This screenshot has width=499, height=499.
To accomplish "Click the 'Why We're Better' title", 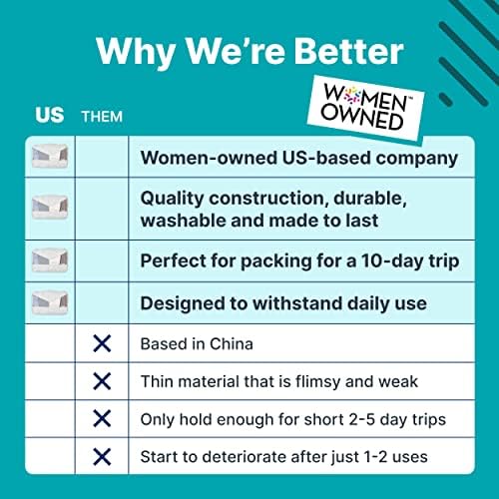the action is tap(249, 52).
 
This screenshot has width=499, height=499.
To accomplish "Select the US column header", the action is tap(49, 116).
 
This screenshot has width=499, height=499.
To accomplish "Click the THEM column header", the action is tap(102, 117).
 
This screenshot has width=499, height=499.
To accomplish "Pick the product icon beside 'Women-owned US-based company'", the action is tap(50, 157).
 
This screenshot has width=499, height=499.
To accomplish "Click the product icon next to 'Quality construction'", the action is tap(50, 207).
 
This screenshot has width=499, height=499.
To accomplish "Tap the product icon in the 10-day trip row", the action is tap(50, 260).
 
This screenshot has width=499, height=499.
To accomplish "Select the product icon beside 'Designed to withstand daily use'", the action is tap(50, 302).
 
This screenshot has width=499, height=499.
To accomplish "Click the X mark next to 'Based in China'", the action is tap(102, 343).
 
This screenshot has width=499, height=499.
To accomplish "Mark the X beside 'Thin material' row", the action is tap(102, 381).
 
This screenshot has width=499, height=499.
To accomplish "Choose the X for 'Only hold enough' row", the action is tap(102, 418).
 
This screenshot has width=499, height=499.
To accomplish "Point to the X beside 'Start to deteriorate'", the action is tap(102, 456).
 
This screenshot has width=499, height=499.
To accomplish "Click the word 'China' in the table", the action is tap(232, 344).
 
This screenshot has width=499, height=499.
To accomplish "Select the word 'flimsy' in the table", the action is tap(317, 382).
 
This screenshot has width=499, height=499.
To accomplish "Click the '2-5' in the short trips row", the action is tap(362, 419).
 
